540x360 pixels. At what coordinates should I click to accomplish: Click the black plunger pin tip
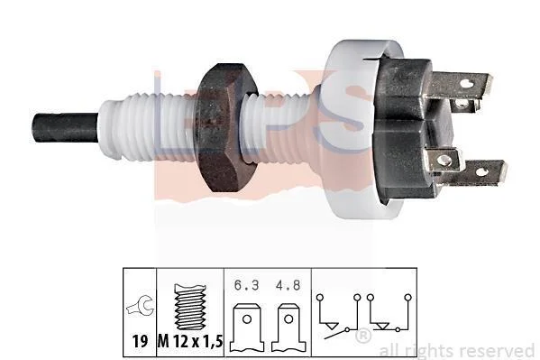tap(66, 127)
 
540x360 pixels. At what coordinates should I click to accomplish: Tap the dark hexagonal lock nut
tap(225, 127)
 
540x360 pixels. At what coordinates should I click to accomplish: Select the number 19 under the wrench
tap(140, 341)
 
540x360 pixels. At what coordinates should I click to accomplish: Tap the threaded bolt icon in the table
tap(190, 307)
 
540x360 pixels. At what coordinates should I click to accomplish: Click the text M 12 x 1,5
tap(190, 341)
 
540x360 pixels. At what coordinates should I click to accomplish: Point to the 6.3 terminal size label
tap(246, 285)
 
